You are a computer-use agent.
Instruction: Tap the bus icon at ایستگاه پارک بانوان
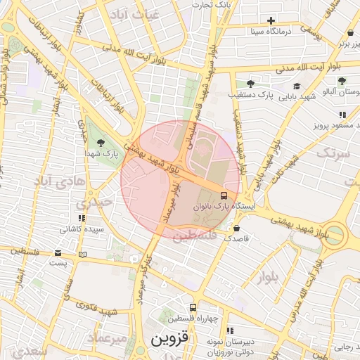(x=224, y=195)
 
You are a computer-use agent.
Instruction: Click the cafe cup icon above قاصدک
(x=236, y=229)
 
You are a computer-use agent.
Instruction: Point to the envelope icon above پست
(x=58, y=252)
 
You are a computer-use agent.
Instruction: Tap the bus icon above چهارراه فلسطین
(x=193, y=307)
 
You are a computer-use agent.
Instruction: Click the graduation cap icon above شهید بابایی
(x=297, y=86)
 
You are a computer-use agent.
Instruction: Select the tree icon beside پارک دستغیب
(x=250, y=84)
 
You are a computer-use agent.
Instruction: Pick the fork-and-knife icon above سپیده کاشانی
(x=82, y=218)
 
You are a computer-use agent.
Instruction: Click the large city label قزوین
(x=170, y=340)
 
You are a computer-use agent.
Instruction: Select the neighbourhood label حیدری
(x=97, y=202)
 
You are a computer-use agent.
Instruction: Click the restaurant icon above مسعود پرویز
(x=342, y=115)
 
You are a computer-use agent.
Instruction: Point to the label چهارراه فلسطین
(x=193, y=319)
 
